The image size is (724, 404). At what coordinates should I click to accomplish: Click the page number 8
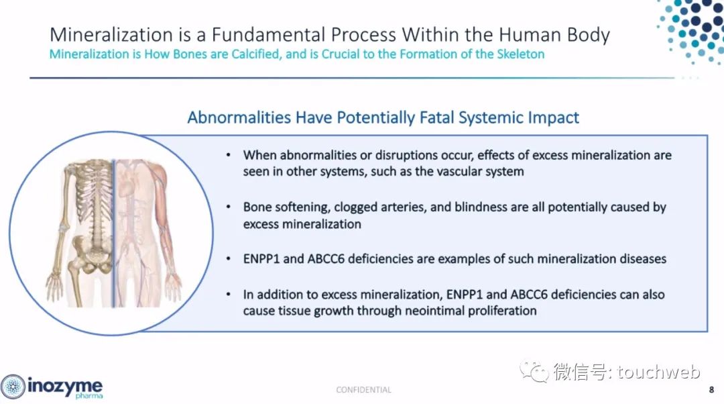coord(711,390)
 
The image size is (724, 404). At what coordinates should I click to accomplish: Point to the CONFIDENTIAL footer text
coord(363,390)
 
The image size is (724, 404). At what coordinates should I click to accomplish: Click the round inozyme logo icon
coord(13,387)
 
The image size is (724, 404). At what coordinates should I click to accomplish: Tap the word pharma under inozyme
coord(88,396)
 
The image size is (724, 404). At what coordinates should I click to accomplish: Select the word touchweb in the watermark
coord(658,372)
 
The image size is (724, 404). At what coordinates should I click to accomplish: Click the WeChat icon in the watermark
coord(534,372)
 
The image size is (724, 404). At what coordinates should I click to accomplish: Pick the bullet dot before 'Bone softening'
coord(229,207)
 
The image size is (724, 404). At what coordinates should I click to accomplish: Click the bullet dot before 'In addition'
coord(229,295)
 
